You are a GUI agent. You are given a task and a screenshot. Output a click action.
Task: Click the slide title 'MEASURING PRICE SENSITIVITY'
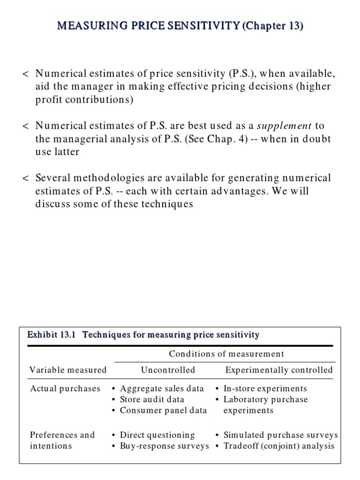point(148,26)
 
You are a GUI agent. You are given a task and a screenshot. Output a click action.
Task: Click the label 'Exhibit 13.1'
point(52,335)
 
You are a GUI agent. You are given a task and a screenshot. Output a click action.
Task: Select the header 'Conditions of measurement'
point(226,354)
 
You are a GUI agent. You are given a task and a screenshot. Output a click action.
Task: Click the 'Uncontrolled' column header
point(168,370)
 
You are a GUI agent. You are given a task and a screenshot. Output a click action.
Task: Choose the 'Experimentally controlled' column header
point(279,370)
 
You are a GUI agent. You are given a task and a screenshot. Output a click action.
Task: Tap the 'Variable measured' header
point(68,370)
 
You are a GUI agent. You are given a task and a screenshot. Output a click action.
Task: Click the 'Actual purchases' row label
point(65,389)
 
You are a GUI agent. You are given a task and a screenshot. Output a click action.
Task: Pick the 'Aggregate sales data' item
point(162,389)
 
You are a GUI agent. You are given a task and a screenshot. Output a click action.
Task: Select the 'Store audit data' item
point(152,399)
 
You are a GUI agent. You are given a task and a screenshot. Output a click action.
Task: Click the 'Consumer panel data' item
point(163,410)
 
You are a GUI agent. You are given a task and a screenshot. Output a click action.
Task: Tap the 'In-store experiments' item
point(265,389)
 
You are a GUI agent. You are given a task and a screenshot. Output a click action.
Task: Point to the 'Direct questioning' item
point(157,435)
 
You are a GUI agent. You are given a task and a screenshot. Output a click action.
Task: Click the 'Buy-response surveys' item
point(164,446)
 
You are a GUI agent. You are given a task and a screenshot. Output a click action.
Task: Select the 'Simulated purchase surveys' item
point(280,435)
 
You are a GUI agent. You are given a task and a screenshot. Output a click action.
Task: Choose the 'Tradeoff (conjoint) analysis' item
point(279,446)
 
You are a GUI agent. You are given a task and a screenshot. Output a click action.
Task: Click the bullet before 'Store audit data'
point(114,400)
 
